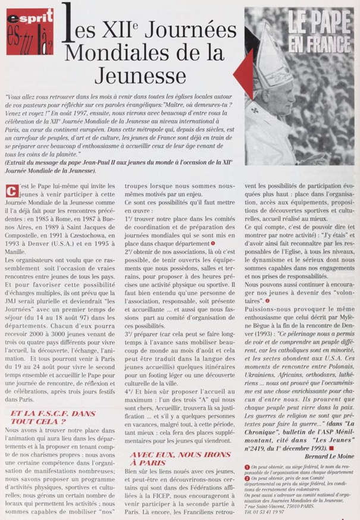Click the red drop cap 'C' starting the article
8,191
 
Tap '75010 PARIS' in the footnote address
303,506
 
